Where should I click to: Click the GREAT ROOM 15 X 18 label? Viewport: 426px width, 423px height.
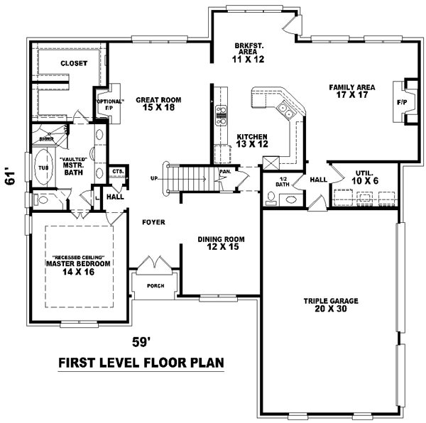click(x=156, y=104)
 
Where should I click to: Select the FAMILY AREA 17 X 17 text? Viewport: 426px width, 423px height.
click(x=351, y=92)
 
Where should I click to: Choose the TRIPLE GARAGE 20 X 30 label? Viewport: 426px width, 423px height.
click(x=331, y=304)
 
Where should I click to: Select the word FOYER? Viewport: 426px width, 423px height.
click(x=153, y=222)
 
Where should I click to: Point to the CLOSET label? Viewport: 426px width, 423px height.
click(x=73, y=63)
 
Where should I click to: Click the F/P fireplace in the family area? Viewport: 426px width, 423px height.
click(x=402, y=102)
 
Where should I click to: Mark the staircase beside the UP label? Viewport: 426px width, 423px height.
click(x=189, y=177)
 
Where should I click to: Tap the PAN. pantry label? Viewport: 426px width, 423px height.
click(x=225, y=171)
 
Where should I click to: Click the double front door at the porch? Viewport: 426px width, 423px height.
click(x=155, y=264)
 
